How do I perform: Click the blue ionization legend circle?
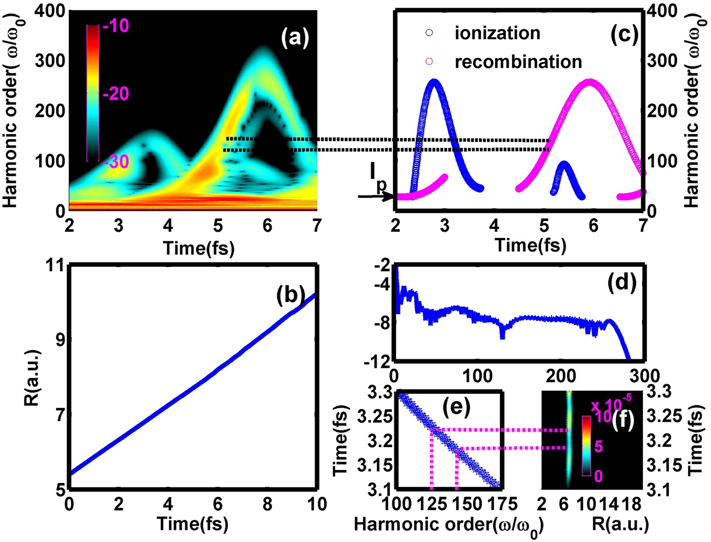click(429, 33)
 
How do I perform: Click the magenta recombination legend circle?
click(429, 61)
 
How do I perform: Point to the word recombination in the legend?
click(518, 62)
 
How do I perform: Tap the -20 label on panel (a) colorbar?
click(116, 94)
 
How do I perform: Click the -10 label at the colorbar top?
click(116, 26)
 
